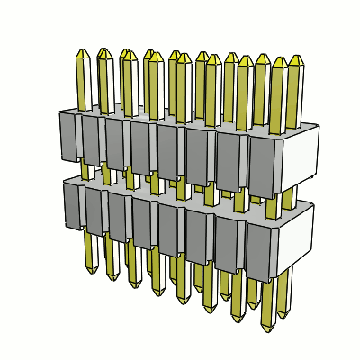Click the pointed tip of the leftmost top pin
[x=82, y=53]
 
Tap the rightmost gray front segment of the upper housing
[x=264, y=166]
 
